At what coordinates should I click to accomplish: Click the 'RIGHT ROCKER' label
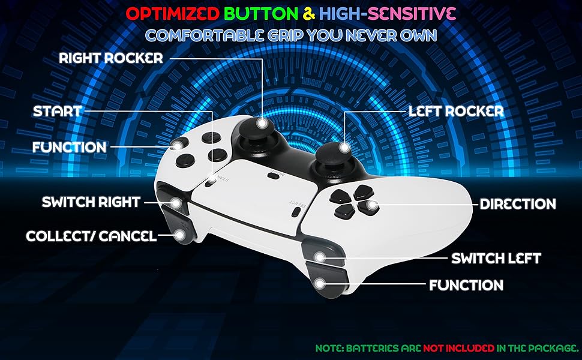pyautogui.click(x=111, y=58)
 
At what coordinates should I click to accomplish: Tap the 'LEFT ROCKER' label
pyautogui.click(x=455, y=112)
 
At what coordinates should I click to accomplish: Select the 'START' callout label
pyautogui.click(x=57, y=112)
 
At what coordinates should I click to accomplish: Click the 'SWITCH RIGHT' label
pyautogui.click(x=91, y=202)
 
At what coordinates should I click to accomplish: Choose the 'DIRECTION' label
pyautogui.click(x=518, y=204)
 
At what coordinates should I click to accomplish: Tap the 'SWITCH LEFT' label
pyautogui.click(x=496, y=259)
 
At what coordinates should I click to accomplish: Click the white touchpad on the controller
pyautogui.click(x=252, y=192)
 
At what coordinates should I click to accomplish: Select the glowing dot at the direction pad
pyautogui.click(x=372, y=205)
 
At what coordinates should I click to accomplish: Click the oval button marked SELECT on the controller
pyautogui.click(x=295, y=211)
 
